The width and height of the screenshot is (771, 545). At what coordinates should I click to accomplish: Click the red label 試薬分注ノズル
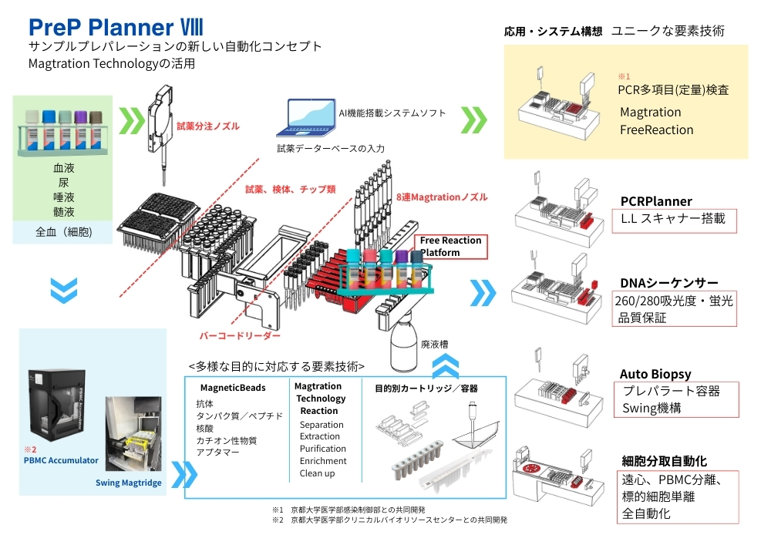207,126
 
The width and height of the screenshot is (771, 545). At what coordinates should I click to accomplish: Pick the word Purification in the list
322,449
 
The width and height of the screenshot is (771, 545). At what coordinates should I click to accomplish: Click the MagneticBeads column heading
233,388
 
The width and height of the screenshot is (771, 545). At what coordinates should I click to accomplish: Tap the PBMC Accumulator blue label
61,460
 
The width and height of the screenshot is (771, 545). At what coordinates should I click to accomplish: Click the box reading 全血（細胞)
64,231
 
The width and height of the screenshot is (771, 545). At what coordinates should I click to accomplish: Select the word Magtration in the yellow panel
650,113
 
